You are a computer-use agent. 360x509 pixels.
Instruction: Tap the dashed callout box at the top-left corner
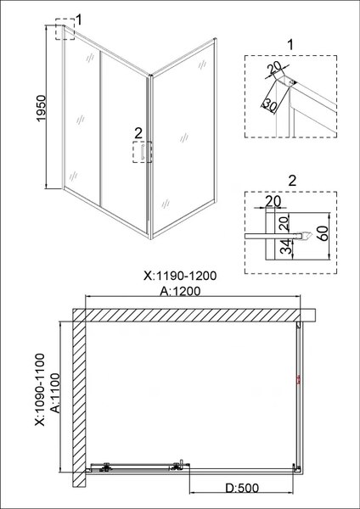click(65, 31)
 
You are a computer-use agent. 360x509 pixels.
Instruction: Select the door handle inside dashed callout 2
click(146, 152)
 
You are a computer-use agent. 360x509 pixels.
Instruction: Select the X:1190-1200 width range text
click(179, 276)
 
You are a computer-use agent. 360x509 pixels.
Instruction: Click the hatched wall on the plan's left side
click(77, 399)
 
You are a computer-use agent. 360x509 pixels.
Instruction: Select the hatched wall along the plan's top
click(191, 315)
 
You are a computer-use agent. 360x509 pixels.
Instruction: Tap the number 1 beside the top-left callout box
click(79, 18)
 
